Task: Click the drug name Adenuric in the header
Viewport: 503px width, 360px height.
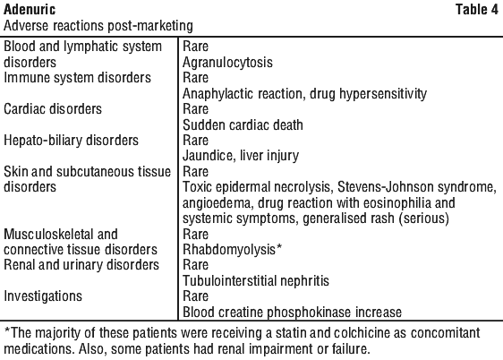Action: click(x=30, y=9)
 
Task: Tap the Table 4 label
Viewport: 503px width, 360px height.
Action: click(x=477, y=9)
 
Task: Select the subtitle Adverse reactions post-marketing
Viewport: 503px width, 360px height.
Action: click(x=98, y=26)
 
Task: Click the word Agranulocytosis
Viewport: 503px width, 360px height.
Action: click(x=227, y=63)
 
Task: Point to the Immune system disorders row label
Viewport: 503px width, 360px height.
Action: click(x=77, y=78)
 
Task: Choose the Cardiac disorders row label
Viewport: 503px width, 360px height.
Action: click(x=53, y=109)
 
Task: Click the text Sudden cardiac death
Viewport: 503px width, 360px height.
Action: click(x=243, y=124)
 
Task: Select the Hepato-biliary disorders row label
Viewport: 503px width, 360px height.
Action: click(x=71, y=141)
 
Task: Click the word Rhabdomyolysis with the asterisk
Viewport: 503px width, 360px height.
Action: click(x=232, y=250)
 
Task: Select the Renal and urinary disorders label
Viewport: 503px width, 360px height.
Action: click(x=81, y=265)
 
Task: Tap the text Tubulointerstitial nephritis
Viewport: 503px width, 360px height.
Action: click(x=256, y=281)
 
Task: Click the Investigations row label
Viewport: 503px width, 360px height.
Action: click(x=43, y=296)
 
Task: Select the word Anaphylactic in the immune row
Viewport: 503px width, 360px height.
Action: click(x=218, y=94)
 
